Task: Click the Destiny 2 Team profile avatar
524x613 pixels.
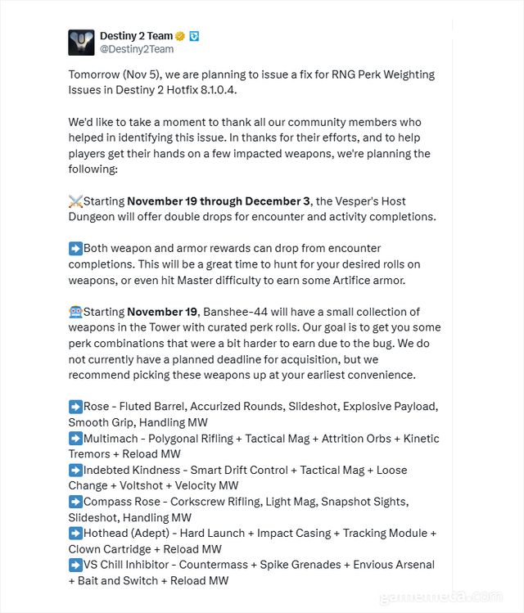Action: pyautogui.click(x=81, y=42)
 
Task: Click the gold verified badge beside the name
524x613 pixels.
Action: pyautogui.click(x=179, y=36)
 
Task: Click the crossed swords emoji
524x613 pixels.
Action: pyautogui.click(x=75, y=201)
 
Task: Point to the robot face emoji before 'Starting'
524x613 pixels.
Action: pyautogui.click(x=75, y=312)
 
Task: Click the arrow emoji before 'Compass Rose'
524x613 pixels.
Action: pyautogui.click(x=75, y=502)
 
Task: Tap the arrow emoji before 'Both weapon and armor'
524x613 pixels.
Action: pyautogui.click(x=75, y=248)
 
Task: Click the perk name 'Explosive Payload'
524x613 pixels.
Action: pyautogui.click(x=391, y=407)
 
